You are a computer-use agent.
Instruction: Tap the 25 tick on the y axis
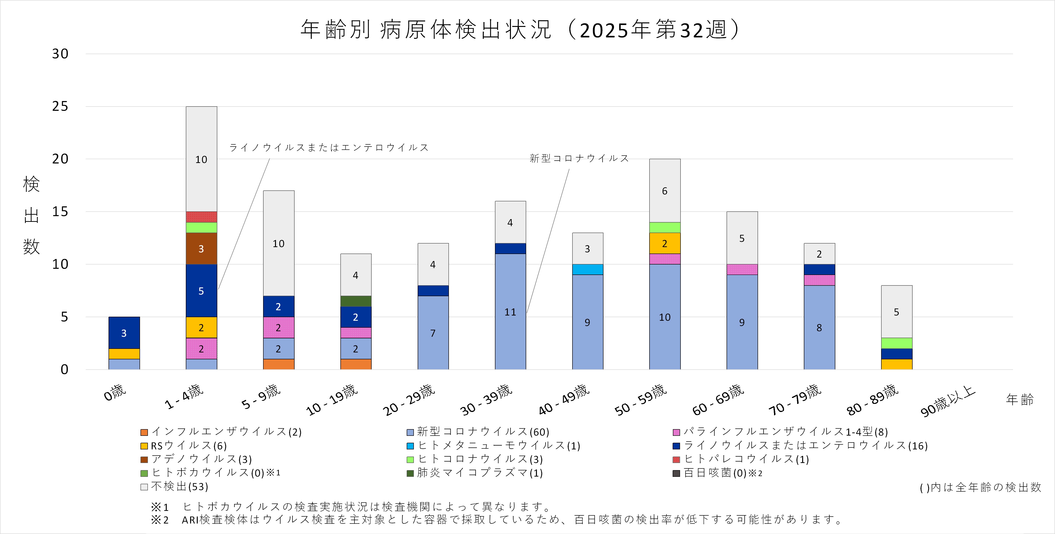click(60, 106)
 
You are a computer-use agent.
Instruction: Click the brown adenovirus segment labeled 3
click(201, 249)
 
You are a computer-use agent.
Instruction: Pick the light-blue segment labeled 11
click(510, 312)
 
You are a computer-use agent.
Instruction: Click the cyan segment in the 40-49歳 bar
click(587, 269)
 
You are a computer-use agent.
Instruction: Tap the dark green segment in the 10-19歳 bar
click(355, 301)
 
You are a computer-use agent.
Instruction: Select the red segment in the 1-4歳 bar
click(201, 217)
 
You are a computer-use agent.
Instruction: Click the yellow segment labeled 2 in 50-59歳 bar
click(665, 244)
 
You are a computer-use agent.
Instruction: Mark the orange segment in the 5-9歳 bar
click(279, 364)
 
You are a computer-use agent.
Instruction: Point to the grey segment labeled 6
click(665, 191)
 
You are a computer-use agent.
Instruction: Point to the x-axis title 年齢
click(1019, 399)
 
